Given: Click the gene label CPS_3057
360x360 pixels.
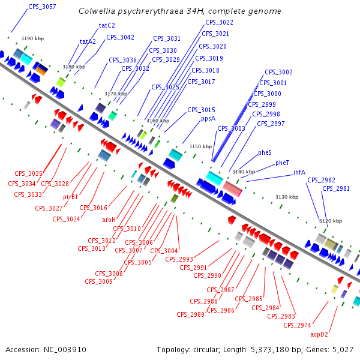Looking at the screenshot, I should (x=42, y=7).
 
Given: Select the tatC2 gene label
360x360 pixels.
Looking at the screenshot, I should (x=107, y=25).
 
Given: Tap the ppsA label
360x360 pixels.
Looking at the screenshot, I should (x=208, y=118).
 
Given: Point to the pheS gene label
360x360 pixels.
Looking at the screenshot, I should (x=265, y=153).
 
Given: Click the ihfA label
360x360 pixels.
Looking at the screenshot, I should (x=299, y=172).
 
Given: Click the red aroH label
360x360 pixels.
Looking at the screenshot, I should (x=109, y=220).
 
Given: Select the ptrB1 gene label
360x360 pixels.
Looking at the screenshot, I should (x=71, y=197).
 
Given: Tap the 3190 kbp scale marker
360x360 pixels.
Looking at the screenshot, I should (x=32, y=38).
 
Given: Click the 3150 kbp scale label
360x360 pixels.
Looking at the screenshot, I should (x=200, y=146).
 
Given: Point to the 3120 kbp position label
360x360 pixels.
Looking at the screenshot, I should (x=330, y=221).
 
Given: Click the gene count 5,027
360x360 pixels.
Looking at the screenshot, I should (x=343, y=349).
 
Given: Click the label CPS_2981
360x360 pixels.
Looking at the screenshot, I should (x=336, y=188).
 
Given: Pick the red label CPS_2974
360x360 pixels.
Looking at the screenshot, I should (x=297, y=325).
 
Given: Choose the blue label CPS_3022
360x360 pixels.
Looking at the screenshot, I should (x=219, y=22).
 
